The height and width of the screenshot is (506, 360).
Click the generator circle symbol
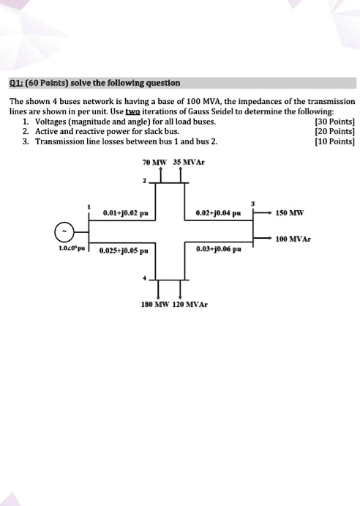[67, 232]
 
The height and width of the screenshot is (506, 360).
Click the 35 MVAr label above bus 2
[187, 163]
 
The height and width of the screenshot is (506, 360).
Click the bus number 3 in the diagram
[252, 202]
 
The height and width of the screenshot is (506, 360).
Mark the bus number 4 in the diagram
[145, 280]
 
